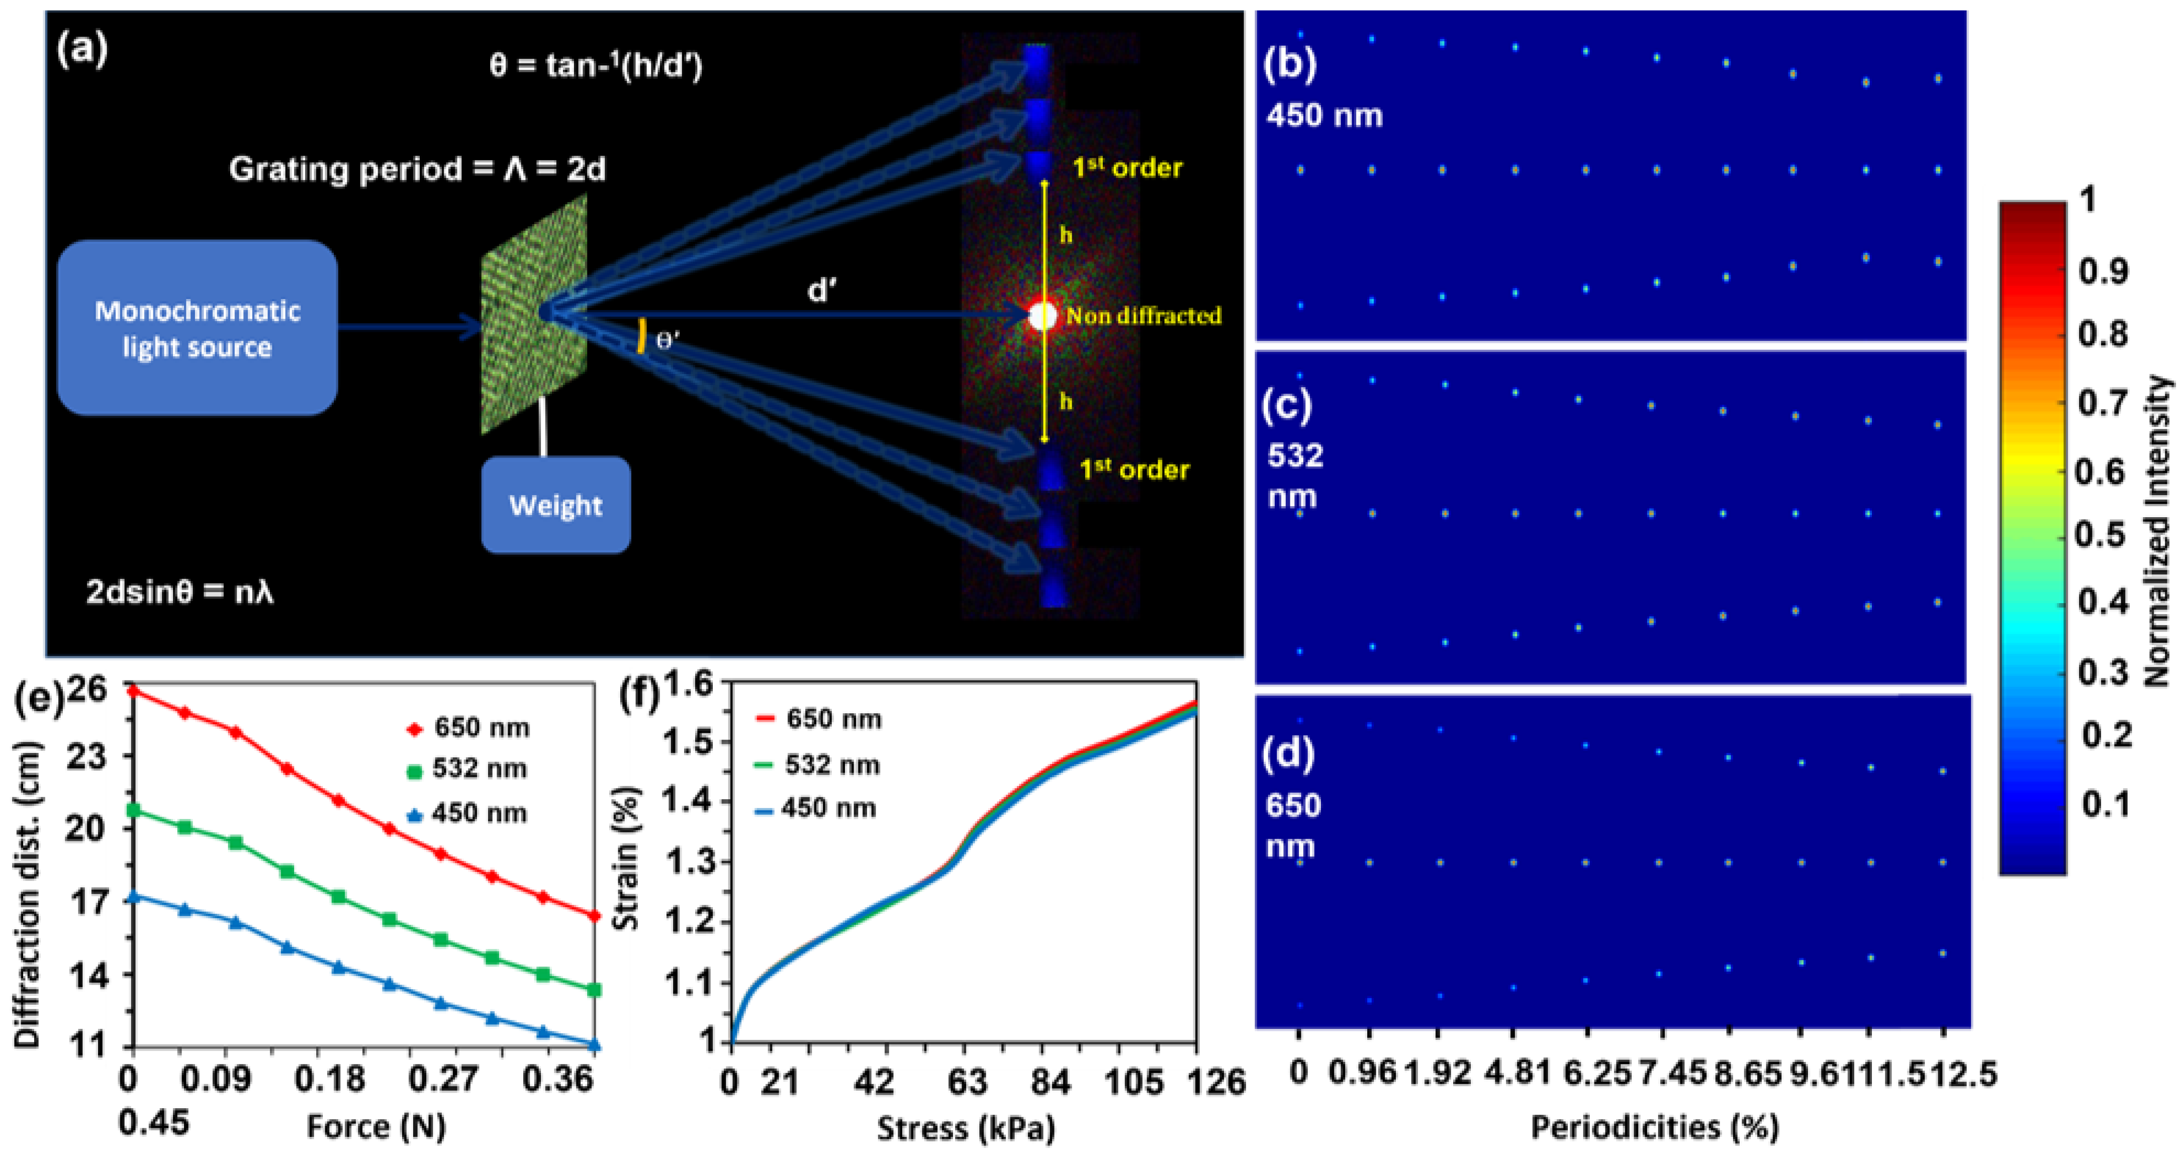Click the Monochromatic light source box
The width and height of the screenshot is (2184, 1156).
[x=198, y=328]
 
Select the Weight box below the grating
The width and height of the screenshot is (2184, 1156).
[x=555, y=505]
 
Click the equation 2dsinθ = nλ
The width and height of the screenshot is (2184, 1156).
[x=180, y=591]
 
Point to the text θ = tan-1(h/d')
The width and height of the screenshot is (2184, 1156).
[x=596, y=65]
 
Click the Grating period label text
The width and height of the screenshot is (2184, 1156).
[x=417, y=169]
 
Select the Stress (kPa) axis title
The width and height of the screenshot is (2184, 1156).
[x=966, y=1128]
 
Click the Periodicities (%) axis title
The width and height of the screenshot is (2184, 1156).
[x=1654, y=1126]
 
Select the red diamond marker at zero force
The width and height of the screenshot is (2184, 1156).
[x=132, y=691]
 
